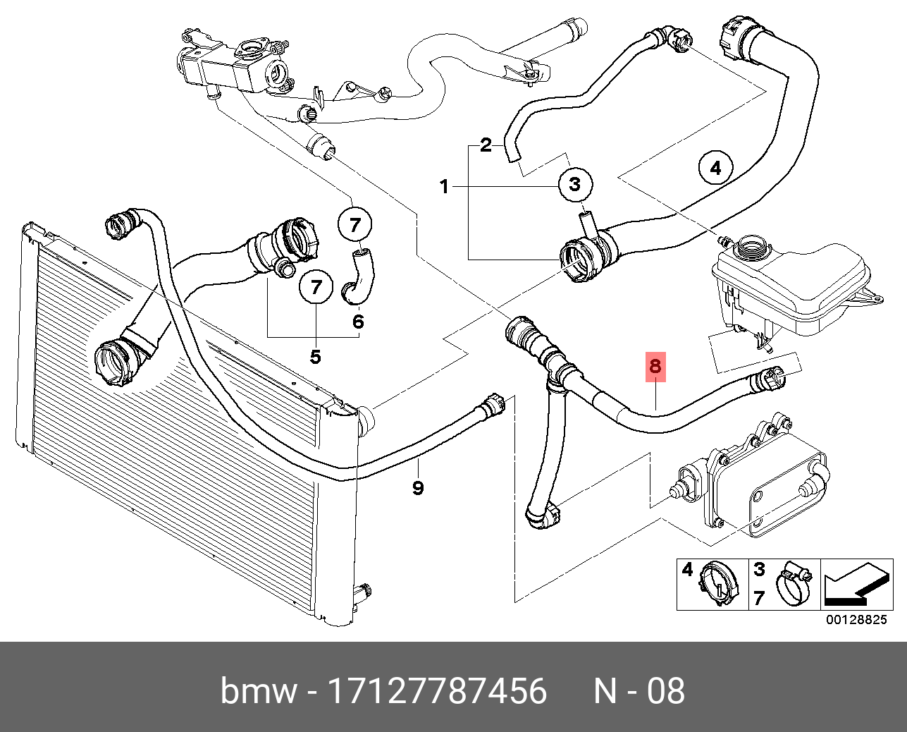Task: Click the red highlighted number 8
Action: (655, 366)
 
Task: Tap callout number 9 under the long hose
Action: (418, 487)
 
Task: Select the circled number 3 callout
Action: (575, 184)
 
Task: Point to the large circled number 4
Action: (715, 168)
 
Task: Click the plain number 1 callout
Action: (444, 187)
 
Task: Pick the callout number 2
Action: (486, 145)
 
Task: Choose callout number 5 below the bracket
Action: (315, 357)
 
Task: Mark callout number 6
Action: (358, 322)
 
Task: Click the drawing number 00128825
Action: (856, 620)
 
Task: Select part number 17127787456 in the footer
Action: (438, 691)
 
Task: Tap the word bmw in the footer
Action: (259, 691)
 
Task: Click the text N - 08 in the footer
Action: (638, 691)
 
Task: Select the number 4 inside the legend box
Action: (687, 569)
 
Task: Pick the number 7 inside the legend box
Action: (759, 598)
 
